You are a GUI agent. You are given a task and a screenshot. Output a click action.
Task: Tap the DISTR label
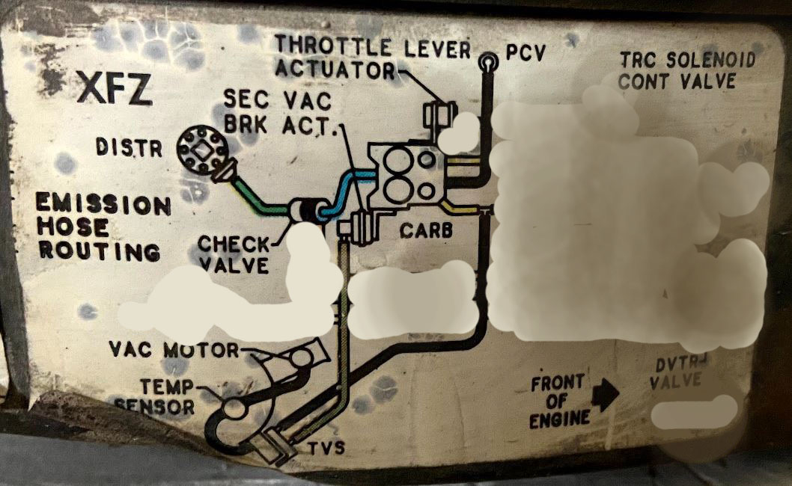[x=129, y=148]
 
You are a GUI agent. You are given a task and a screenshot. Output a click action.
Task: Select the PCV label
[x=526, y=53]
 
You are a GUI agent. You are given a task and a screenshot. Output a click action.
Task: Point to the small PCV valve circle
[x=489, y=61]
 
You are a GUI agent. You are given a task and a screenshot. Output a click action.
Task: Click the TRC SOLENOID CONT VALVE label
[x=687, y=70]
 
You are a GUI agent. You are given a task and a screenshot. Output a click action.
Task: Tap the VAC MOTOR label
[x=174, y=349]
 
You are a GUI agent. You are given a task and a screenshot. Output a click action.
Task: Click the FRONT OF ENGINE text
[x=558, y=402]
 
